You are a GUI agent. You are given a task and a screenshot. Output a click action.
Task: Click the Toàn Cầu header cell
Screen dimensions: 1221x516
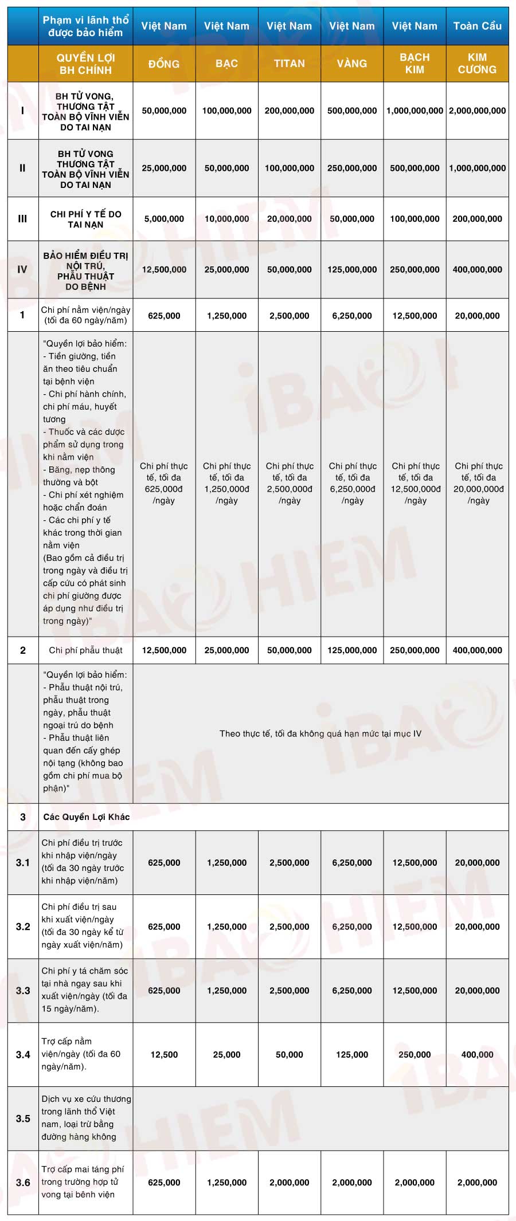click(x=477, y=26)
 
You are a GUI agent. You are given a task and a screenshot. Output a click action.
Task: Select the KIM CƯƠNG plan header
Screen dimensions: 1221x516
click(x=477, y=64)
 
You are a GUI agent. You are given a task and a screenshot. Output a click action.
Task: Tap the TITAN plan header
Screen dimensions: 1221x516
click(x=289, y=64)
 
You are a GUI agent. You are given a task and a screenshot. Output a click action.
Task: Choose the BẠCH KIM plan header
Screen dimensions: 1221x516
click(x=415, y=64)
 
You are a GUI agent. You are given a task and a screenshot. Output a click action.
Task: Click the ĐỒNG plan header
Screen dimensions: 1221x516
click(x=164, y=64)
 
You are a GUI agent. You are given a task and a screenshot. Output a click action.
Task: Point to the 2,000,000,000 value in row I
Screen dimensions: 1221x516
click(x=477, y=111)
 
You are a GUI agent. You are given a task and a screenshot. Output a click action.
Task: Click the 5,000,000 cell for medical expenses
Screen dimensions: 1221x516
click(x=164, y=219)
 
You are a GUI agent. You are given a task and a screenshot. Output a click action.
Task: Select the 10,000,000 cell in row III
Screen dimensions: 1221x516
click(x=226, y=219)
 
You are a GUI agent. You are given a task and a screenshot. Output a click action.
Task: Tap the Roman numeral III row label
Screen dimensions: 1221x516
click(x=22, y=219)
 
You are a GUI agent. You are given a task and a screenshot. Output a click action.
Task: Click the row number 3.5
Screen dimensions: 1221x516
click(x=23, y=1118)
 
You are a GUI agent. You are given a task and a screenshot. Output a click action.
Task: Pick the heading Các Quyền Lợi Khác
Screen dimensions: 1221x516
click(x=87, y=817)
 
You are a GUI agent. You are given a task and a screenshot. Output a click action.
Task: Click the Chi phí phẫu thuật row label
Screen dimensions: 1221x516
click(x=86, y=650)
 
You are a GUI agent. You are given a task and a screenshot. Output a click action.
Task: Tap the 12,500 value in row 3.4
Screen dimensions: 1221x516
click(x=164, y=1054)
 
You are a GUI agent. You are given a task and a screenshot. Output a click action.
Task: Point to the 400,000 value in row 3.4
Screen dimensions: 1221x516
click(x=477, y=1054)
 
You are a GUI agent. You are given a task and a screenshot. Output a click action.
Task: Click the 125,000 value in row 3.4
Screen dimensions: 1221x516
click(x=352, y=1054)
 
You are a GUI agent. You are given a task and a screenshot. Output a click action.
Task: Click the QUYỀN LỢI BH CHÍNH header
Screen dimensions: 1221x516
click(x=85, y=64)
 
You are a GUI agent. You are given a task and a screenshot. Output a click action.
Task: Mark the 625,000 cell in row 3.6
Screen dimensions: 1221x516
click(x=164, y=1182)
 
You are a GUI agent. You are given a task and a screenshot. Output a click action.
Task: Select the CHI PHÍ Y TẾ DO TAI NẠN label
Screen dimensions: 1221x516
click(x=86, y=219)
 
